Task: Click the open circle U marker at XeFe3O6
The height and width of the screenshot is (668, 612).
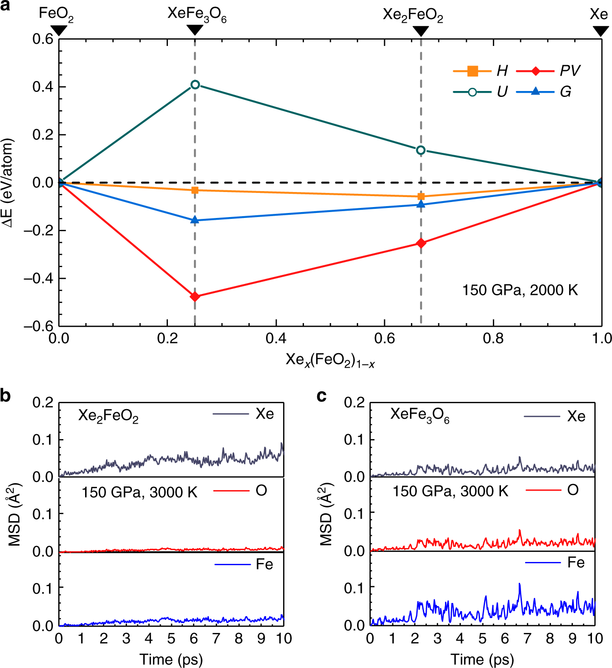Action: coord(195,85)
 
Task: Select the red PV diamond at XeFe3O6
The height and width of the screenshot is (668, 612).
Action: coord(195,297)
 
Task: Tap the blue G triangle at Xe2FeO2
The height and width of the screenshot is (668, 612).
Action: coord(421,204)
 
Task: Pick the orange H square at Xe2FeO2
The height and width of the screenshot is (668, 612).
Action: coord(421,197)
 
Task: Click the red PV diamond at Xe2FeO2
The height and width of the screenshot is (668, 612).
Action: coord(421,243)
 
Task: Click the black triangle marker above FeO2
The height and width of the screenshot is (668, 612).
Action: coord(59,30)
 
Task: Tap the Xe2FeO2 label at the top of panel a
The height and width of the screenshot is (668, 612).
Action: coord(413,15)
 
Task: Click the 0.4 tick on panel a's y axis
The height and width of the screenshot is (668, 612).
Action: coord(43,87)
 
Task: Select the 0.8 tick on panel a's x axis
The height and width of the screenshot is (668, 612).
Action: coord(493,339)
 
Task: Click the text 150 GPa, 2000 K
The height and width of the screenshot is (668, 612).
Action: coord(520,290)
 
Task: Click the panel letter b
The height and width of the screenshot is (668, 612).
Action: coord(6,395)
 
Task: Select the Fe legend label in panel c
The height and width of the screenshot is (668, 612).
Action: coord(576,563)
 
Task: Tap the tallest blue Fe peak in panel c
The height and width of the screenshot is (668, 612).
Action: coord(519,584)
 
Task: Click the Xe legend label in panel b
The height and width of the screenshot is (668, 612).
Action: coord(264,414)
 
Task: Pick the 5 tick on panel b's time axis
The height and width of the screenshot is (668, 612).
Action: coord(171,638)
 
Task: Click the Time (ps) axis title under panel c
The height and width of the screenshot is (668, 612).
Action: coord(482,659)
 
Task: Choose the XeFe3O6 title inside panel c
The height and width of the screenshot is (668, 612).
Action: coord(420,415)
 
